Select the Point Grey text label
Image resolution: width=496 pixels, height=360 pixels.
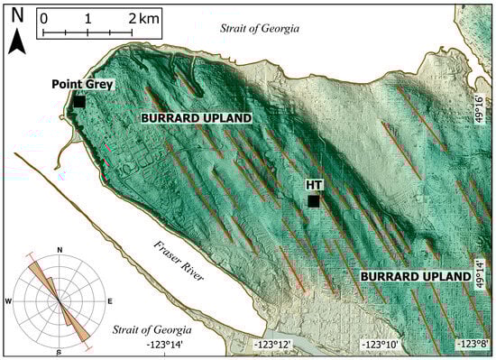(80, 86)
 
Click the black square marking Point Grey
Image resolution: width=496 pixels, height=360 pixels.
(79, 103)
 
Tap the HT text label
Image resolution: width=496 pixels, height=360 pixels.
(314, 185)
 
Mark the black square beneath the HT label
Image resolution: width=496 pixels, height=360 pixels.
(313, 201)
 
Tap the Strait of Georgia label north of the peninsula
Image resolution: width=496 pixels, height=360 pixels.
(260, 29)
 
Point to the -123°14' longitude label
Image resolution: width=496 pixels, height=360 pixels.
(171, 345)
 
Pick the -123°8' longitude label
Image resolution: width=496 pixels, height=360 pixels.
(472, 345)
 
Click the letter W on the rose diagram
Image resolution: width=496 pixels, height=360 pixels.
(9, 300)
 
